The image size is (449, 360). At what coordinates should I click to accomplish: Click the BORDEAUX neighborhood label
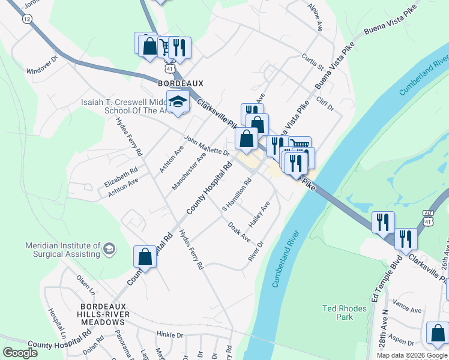[181, 83]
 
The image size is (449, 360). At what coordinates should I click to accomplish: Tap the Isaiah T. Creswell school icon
[178, 101]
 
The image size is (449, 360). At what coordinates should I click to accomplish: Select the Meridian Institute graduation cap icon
[109, 248]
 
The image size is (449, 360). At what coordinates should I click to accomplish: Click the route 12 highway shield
[26, 19]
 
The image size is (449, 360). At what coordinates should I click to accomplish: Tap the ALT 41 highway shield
[427, 218]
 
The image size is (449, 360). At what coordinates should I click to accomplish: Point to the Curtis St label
[313, 62]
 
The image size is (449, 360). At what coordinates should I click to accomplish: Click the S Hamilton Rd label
[237, 195]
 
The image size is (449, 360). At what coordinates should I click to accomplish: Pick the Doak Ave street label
[239, 232]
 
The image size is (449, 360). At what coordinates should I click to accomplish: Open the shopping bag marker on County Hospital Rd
[145, 257]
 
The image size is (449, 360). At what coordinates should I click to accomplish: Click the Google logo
[20, 353]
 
